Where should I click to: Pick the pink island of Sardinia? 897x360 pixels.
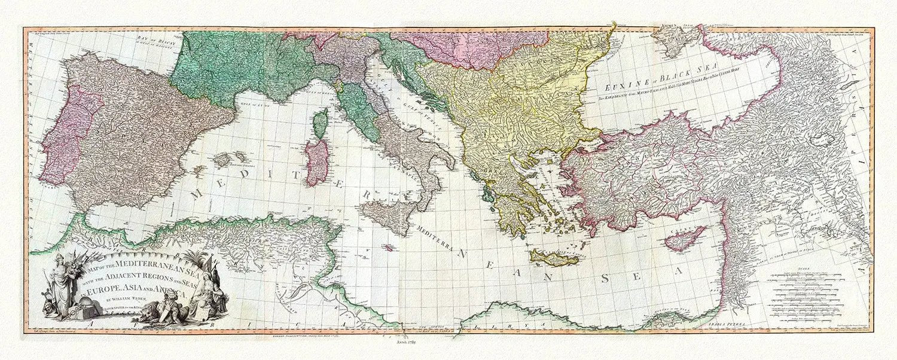pyautogui.click(x=317, y=161)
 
